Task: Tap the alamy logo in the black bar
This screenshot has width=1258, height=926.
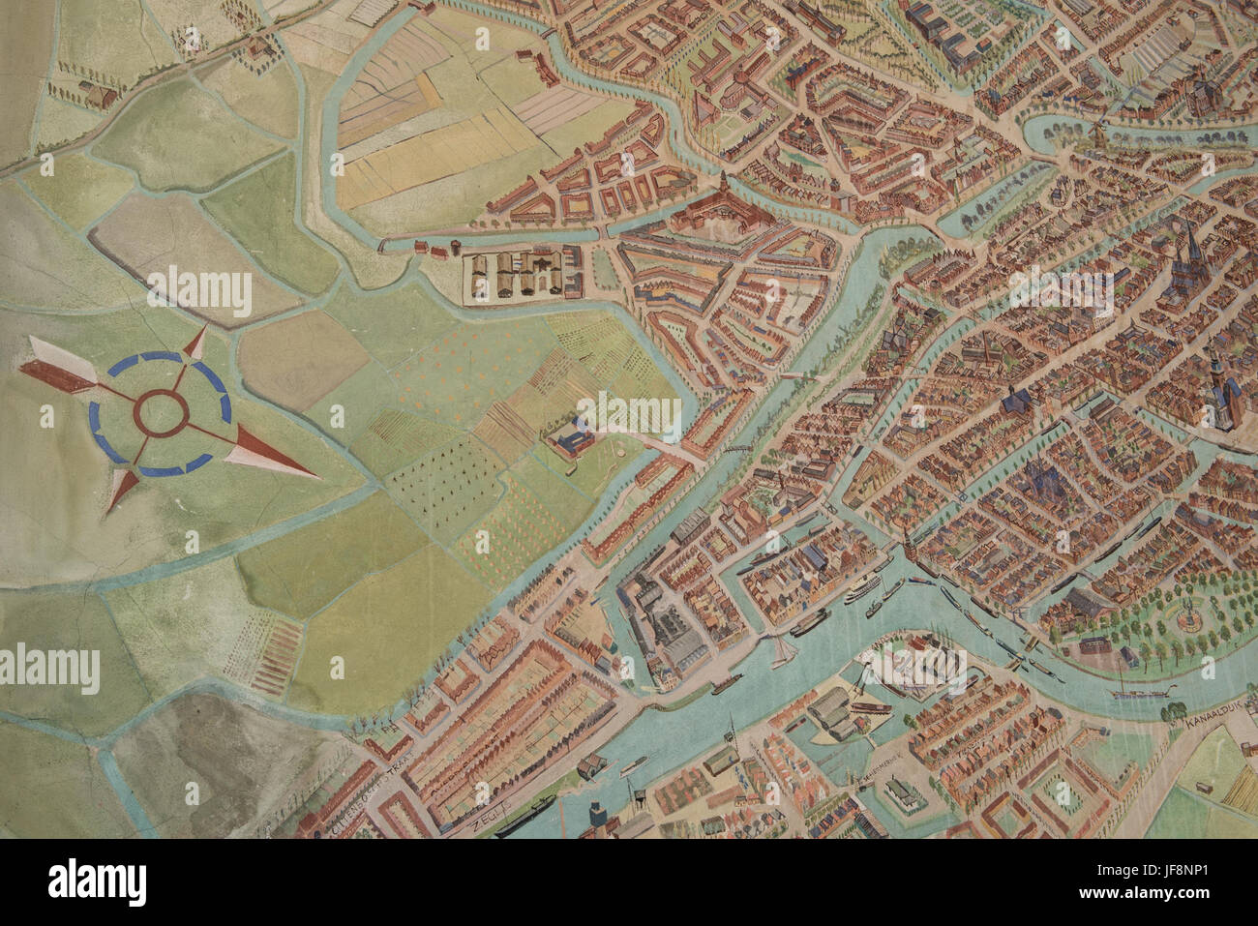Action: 97,882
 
